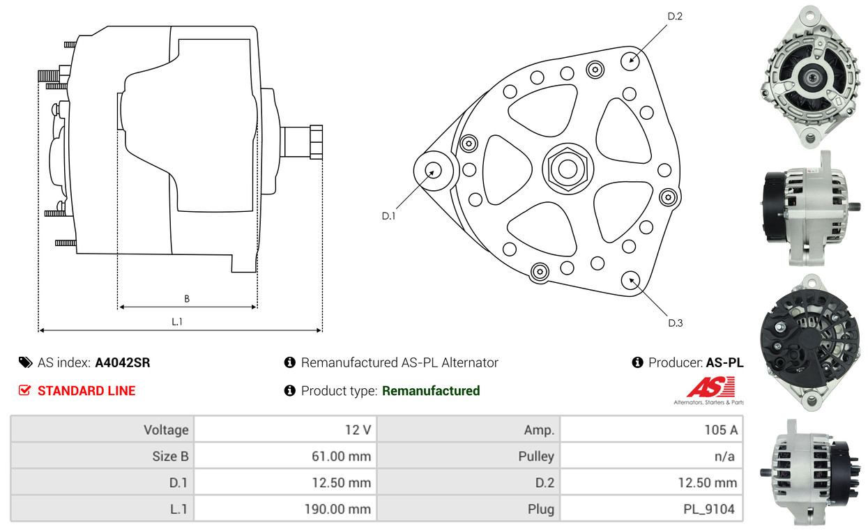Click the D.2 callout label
pos(674,16)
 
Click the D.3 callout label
pos(675,323)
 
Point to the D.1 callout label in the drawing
pos(388,216)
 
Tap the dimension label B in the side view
pos(187,299)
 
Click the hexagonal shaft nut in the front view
pos(566,168)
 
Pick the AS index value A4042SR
pos(122,362)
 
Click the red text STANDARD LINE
pos(86,391)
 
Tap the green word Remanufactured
pos(431,391)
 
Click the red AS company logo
pos(710,387)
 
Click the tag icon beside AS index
pos(25,362)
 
